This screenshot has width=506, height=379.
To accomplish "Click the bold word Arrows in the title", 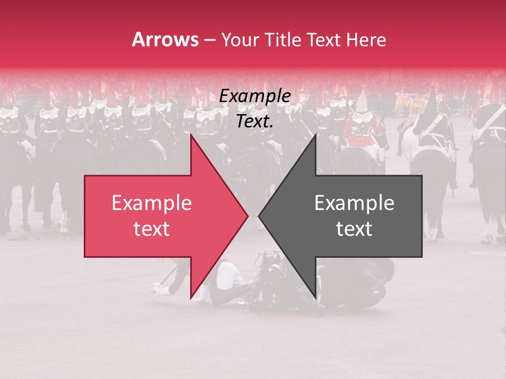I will [164, 39].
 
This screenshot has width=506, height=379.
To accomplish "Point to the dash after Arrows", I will [210, 40].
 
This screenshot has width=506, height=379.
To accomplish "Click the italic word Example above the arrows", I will [255, 96].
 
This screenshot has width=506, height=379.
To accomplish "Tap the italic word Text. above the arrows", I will [255, 121].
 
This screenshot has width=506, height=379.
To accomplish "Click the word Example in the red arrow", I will [152, 203].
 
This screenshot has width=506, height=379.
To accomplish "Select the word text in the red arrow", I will [152, 229].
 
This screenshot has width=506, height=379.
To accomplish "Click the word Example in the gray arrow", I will [354, 203].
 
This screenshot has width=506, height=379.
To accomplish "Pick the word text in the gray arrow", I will [354, 229].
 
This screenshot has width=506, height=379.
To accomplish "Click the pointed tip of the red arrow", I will [248, 216].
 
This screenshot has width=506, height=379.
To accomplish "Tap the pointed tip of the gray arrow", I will [258, 216].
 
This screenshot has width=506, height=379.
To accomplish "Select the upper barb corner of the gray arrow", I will [315, 134].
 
